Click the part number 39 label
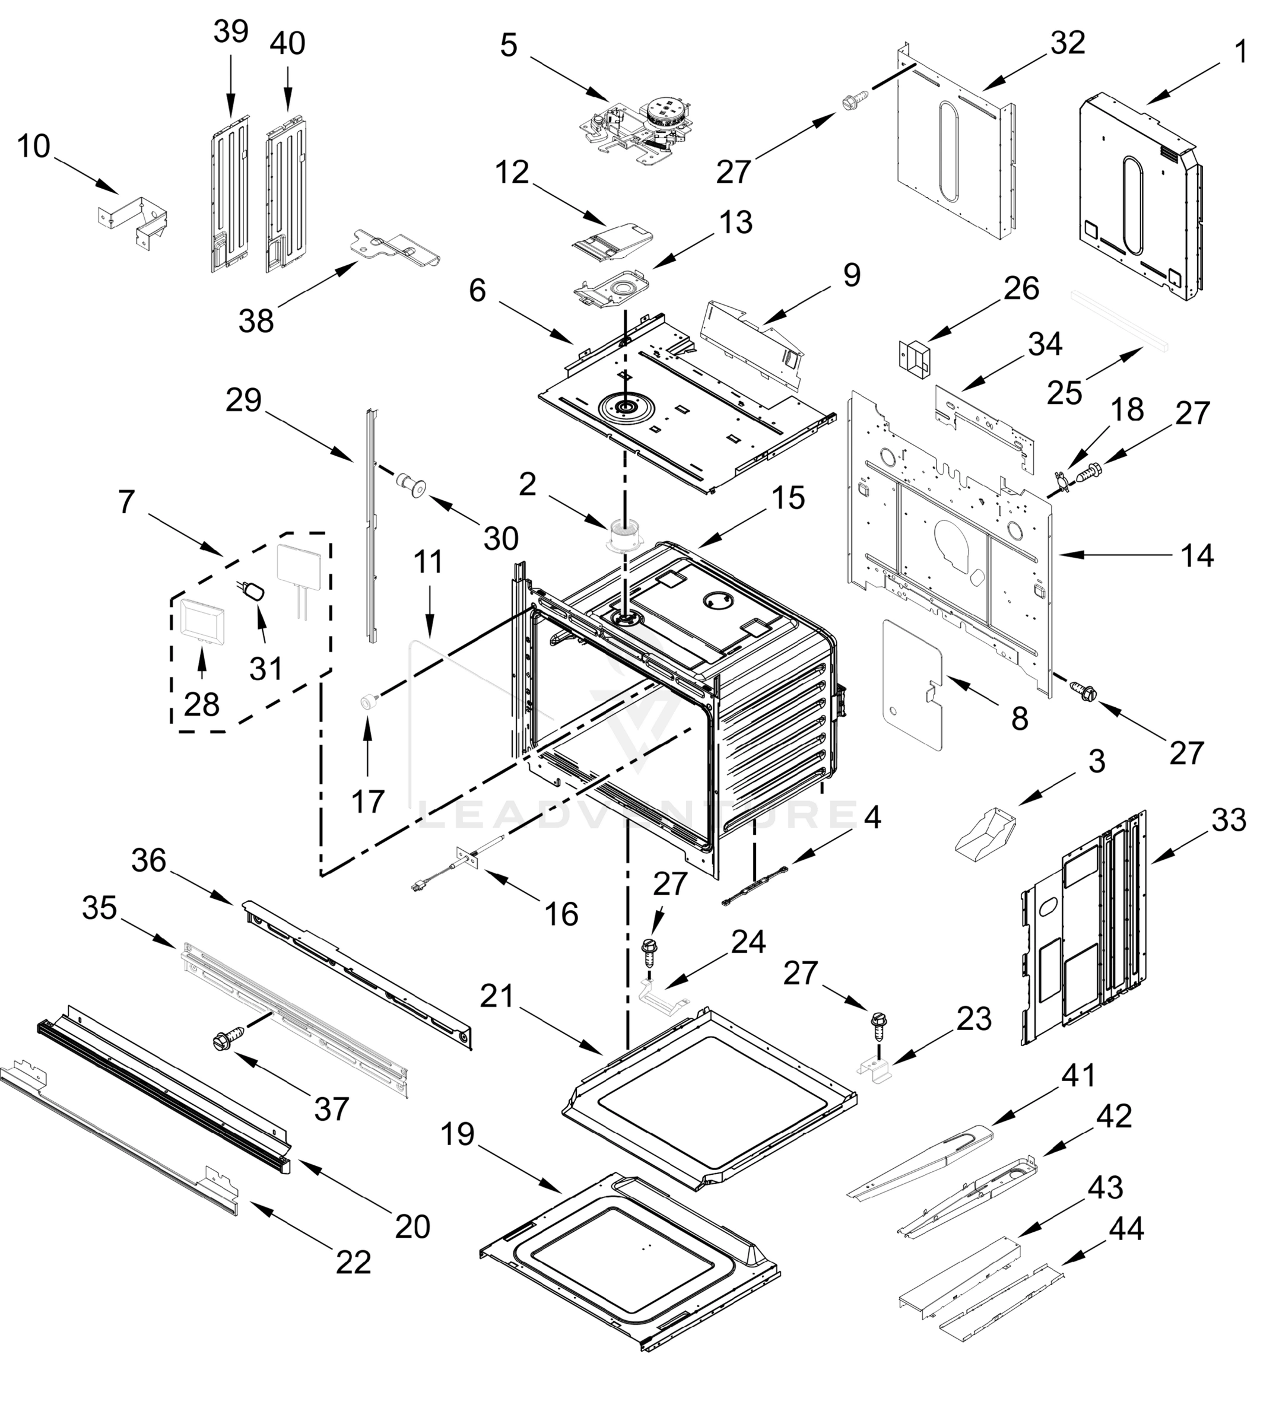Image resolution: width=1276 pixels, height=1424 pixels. coord(231,31)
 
